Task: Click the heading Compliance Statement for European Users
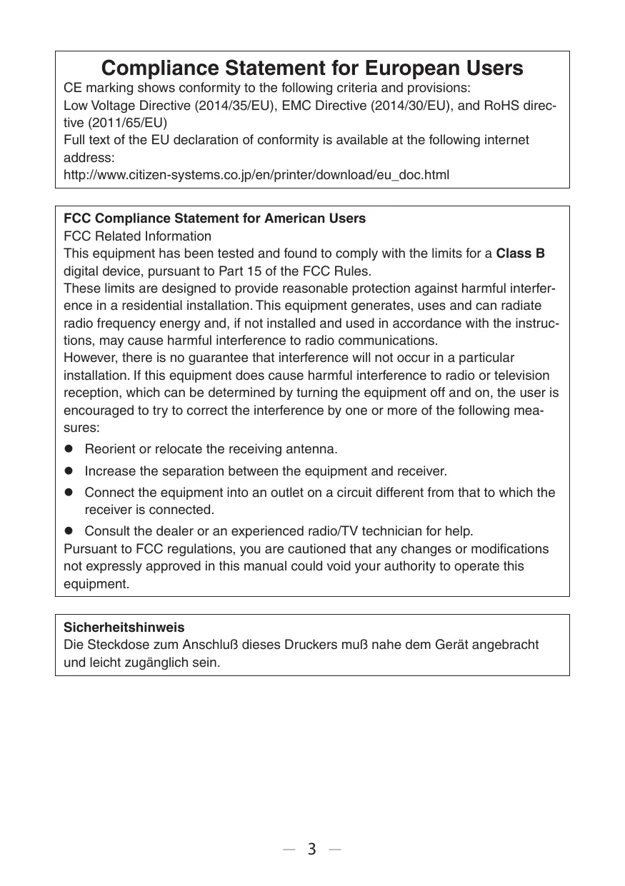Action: tap(312, 69)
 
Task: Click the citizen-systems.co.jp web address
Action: tap(256, 175)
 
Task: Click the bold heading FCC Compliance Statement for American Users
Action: tap(214, 218)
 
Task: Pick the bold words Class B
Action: tap(521, 253)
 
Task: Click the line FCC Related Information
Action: tap(137, 236)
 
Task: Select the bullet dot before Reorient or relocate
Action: tap(70, 450)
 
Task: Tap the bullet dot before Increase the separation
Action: tap(70, 471)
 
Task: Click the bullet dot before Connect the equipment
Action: tap(70, 493)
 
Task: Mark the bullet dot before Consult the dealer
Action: tap(70, 532)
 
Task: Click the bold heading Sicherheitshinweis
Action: tap(124, 628)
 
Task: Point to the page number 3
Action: tap(311, 850)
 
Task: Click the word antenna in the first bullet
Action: tap(313, 450)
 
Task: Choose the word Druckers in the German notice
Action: tap(319, 645)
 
